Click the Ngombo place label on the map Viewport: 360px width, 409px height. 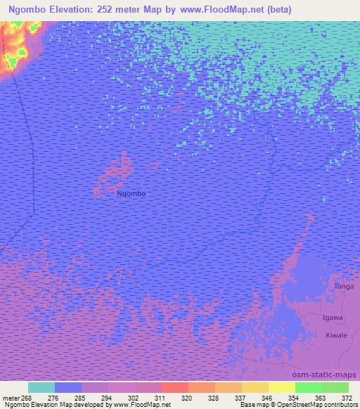pyautogui.click(x=131, y=193)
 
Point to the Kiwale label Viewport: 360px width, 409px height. pyautogui.click(x=336, y=336)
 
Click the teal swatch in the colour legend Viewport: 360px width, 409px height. pyautogui.click(x=41, y=387)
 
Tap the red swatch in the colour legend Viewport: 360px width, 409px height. pyautogui.click(x=175, y=387)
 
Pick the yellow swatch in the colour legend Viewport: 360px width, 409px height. pyautogui.click(x=282, y=387)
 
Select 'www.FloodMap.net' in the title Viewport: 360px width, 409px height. pyautogui.click(x=221, y=10)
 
